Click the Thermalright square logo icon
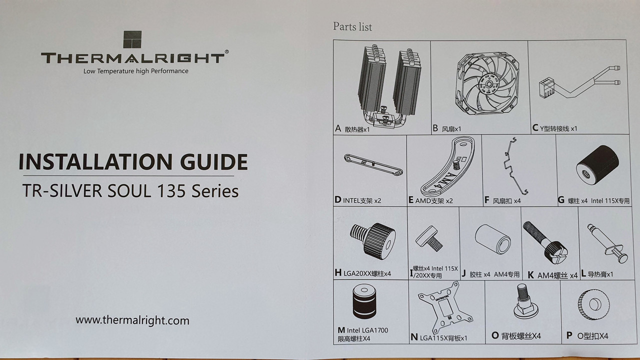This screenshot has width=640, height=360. click(x=132, y=40)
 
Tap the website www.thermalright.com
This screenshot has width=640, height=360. click(x=132, y=320)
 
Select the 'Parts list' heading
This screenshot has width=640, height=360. click(x=352, y=26)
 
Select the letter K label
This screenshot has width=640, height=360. click(x=531, y=275)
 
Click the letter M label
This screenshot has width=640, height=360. click(x=341, y=330)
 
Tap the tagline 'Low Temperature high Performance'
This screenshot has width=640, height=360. click(x=136, y=71)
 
